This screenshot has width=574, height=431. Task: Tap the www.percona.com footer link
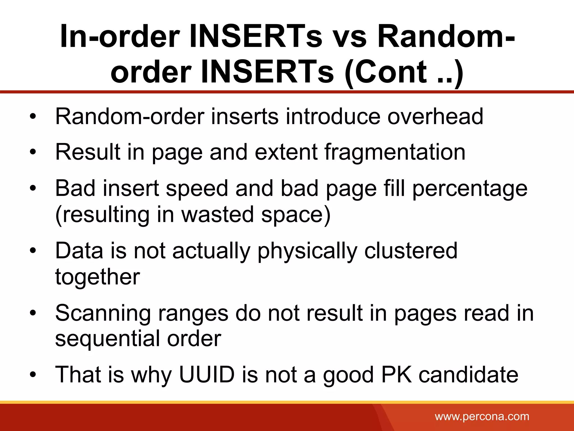(482, 416)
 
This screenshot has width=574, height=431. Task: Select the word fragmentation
(395, 152)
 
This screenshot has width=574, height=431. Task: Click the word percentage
(470, 189)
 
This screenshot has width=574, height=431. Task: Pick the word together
(98, 277)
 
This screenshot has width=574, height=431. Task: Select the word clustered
(411, 251)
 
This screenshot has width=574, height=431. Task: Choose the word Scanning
(103, 313)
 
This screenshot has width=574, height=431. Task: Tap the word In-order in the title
(120, 36)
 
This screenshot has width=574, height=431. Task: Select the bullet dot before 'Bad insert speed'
(33, 189)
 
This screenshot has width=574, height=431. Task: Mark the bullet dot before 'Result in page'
(33, 152)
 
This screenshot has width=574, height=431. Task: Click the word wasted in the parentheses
(217, 215)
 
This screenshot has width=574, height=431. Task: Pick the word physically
(307, 251)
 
